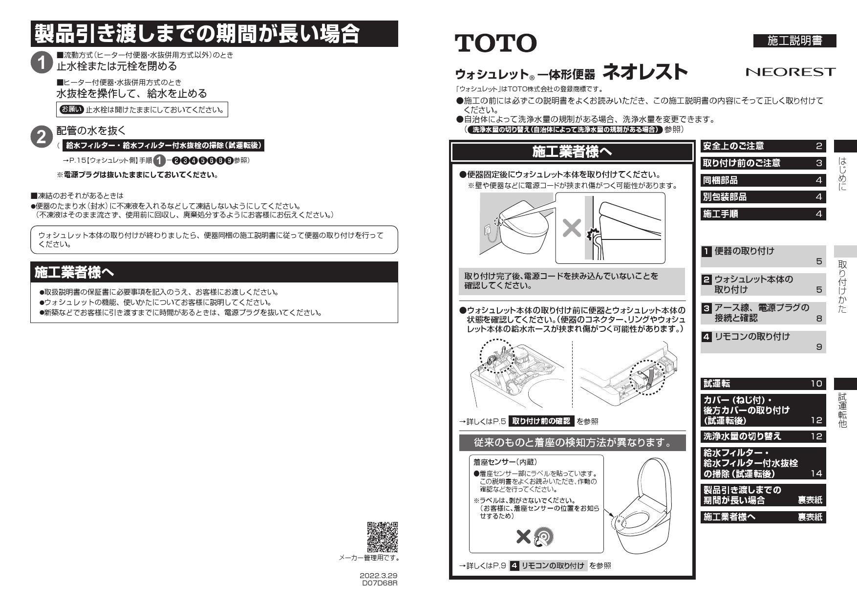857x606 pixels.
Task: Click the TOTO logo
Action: pos(495,43)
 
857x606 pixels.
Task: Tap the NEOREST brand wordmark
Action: pos(791,72)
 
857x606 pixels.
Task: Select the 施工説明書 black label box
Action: pos(795,41)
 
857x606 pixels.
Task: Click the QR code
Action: pos(382,537)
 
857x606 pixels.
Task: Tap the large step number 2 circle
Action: pos(41,137)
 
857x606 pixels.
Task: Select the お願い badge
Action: pos(71,109)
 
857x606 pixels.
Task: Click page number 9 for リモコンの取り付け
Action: pos(819,347)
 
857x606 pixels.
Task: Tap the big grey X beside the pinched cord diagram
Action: pos(572,228)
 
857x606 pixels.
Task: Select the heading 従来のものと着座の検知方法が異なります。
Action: pos(572,443)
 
